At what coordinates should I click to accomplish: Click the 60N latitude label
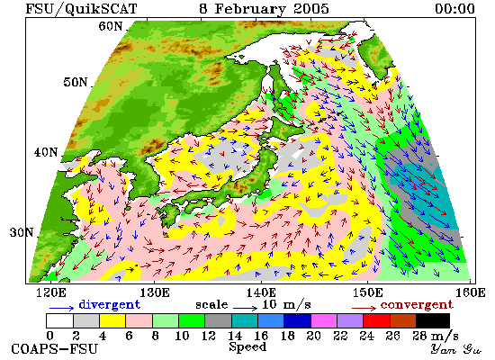click(110, 26)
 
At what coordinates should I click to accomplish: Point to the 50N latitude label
click(75, 82)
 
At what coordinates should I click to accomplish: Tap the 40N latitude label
click(46, 152)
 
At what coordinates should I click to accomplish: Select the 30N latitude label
click(22, 233)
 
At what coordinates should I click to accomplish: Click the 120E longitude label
click(51, 293)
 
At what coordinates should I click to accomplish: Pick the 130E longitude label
click(155, 293)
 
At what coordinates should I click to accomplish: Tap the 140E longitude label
click(261, 293)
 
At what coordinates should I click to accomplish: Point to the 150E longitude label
click(367, 293)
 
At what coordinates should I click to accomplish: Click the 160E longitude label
click(471, 293)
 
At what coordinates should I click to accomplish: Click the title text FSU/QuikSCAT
click(81, 8)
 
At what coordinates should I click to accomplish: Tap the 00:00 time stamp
click(454, 8)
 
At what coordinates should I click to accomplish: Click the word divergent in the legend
click(109, 304)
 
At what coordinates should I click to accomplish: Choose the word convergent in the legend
click(417, 305)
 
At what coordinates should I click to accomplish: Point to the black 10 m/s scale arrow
click(246, 308)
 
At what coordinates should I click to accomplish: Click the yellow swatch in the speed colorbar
click(112, 320)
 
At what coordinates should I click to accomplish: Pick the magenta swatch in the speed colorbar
click(324, 320)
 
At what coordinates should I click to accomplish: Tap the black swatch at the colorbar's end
click(433, 320)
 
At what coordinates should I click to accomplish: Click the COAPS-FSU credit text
click(55, 349)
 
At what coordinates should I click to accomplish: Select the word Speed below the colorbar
click(247, 347)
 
